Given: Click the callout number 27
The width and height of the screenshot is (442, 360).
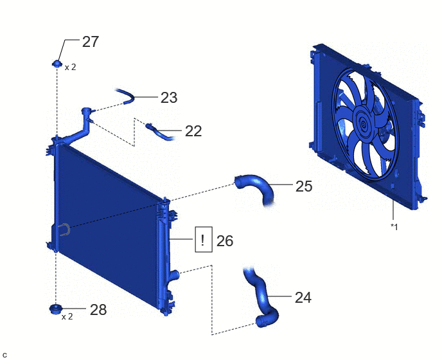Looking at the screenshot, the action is (x=91, y=42).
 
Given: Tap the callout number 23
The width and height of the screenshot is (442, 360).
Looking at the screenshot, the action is (x=169, y=98).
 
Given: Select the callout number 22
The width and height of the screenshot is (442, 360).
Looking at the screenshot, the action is (x=193, y=131).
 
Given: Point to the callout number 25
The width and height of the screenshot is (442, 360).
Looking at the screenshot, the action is (x=304, y=186).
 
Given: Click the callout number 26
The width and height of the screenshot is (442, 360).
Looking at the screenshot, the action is (x=225, y=241).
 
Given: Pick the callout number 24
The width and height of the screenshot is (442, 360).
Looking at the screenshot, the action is (x=303, y=298).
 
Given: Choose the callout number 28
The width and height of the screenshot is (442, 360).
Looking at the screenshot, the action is (x=98, y=310).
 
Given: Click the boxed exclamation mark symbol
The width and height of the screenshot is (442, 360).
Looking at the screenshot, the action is (x=204, y=239).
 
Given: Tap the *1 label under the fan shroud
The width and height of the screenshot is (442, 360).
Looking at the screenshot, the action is (x=394, y=226).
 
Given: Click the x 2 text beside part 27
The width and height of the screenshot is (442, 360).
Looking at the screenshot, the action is (x=71, y=67).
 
